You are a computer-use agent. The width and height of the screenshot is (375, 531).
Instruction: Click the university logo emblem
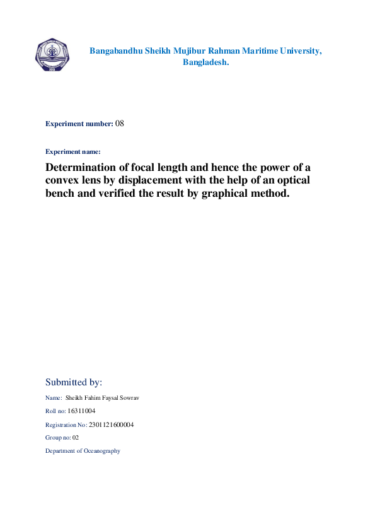(x=53, y=55)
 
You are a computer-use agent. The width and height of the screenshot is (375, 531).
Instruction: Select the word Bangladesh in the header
(x=205, y=62)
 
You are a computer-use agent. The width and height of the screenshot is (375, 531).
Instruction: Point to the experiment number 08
(x=120, y=124)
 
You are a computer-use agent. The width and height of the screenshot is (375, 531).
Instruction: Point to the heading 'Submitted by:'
(x=74, y=382)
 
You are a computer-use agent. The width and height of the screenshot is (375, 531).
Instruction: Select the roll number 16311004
(x=81, y=411)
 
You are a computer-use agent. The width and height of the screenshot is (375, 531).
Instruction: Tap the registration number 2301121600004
(x=111, y=424)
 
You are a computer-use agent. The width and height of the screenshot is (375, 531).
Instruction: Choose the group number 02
(x=75, y=438)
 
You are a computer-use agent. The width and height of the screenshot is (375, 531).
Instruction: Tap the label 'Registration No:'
(x=66, y=424)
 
